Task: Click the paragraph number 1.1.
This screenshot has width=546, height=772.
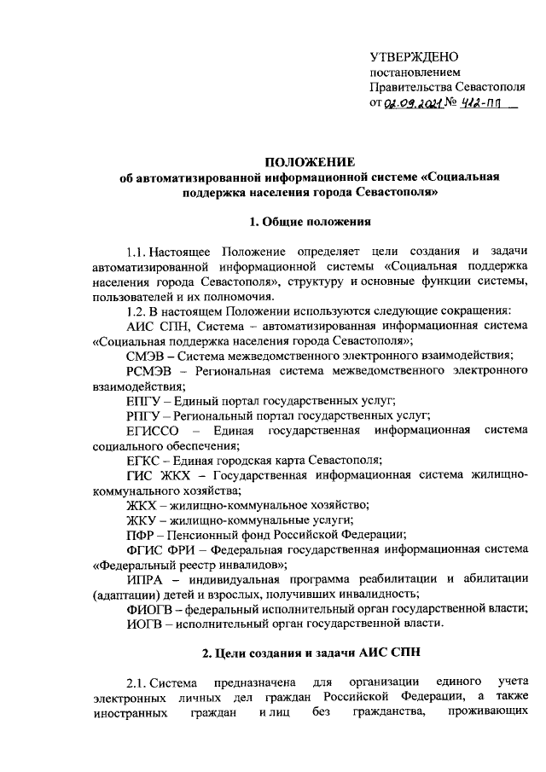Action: tap(136, 252)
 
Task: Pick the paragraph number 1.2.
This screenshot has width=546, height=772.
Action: tap(136, 311)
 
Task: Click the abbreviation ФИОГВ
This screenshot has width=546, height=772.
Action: tap(150, 609)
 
